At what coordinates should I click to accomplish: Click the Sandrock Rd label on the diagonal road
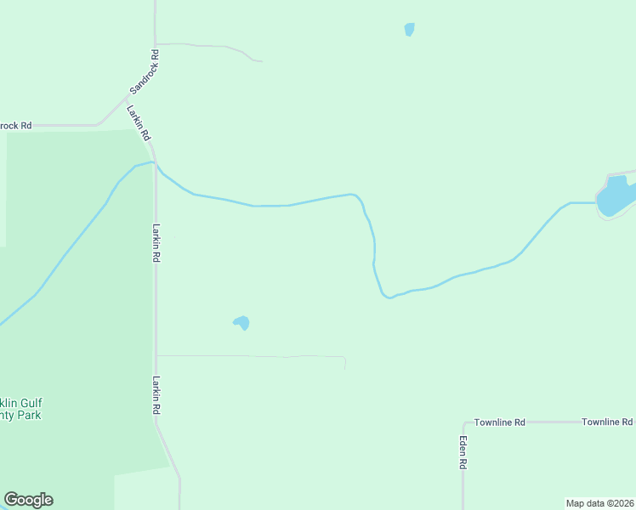pyautogui.click(x=145, y=72)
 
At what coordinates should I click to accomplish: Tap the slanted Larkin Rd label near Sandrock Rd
pyautogui.click(x=139, y=122)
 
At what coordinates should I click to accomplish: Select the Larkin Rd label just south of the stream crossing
pyautogui.click(x=156, y=242)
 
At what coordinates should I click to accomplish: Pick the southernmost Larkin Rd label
pyautogui.click(x=156, y=395)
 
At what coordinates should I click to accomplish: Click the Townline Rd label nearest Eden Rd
pyautogui.click(x=500, y=422)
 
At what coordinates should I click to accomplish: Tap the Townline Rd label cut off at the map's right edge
pyautogui.click(x=607, y=422)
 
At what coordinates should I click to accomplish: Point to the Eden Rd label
pyautogui.click(x=464, y=453)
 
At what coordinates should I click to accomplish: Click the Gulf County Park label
pyautogui.click(x=20, y=409)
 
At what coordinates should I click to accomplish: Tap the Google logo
pyautogui.click(x=28, y=500)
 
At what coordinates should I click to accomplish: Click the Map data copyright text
pyautogui.click(x=599, y=503)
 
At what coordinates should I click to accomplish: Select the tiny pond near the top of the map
pyautogui.click(x=410, y=30)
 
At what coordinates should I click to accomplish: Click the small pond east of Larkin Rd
pyautogui.click(x=241, y=322)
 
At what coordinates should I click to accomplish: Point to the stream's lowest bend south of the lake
pyautogui.click(x=387, y=297)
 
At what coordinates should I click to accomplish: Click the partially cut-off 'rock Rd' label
pyautogui.click(x=15, y=126)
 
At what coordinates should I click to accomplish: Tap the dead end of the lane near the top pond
pyautogui.click(x=261, y=61)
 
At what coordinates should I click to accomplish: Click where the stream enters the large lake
pyautogui.click(x=597, y=203)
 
